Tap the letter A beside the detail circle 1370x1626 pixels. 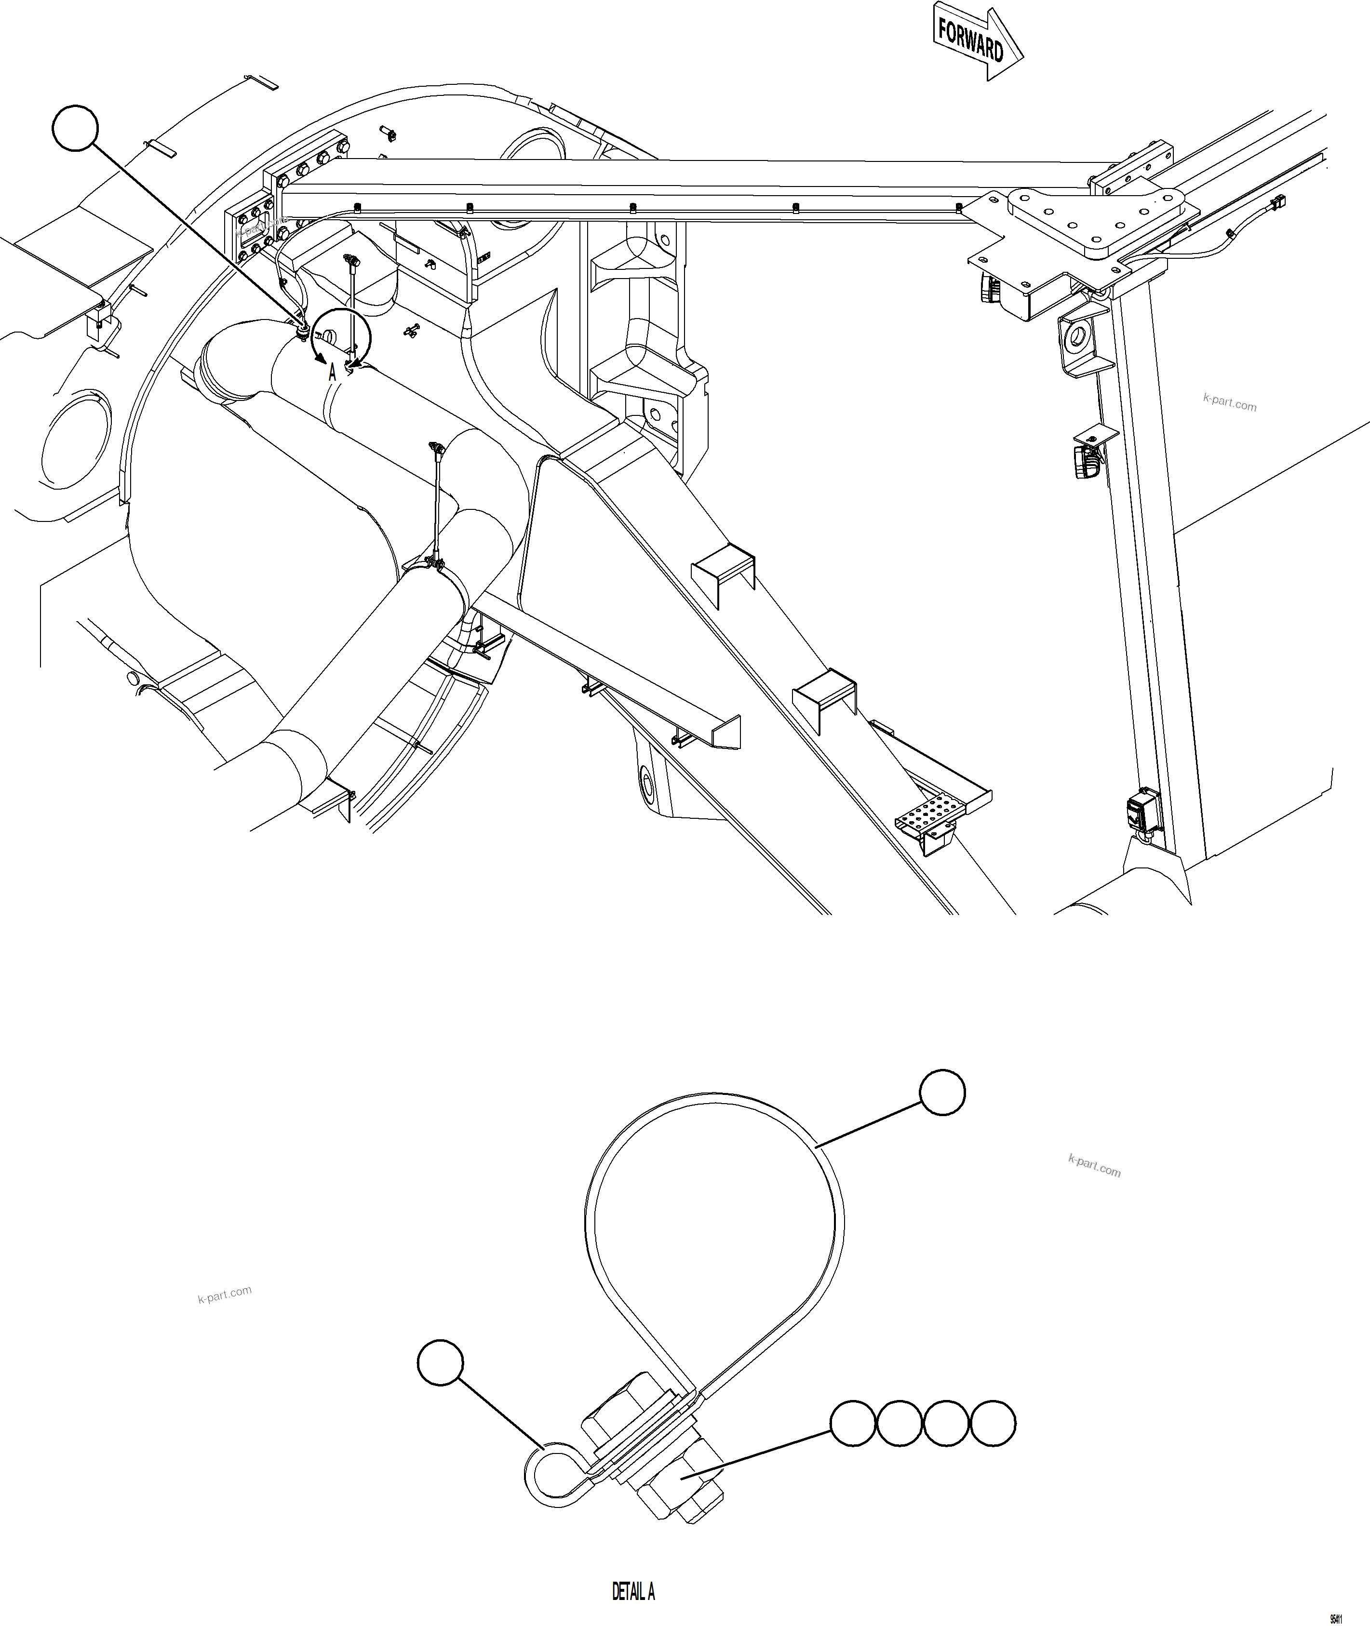point(333,373)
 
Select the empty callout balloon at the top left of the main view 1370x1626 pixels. point(75,128)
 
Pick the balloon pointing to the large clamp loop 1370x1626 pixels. point(942,1093)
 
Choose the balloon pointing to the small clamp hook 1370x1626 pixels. point(441,1362)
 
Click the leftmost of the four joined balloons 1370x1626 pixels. point(854,1423)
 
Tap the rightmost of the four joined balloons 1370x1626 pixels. point(993,1423)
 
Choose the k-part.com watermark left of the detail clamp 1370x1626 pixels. point(225,1293)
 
